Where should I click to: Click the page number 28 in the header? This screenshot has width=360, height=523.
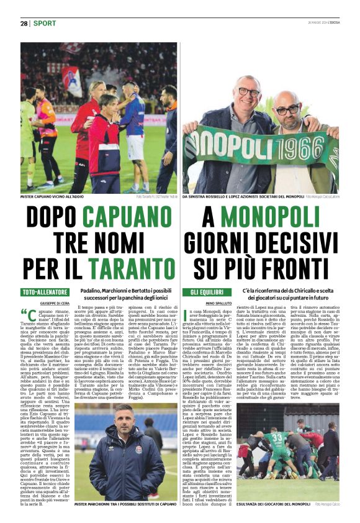24,23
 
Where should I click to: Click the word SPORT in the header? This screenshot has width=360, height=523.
44,23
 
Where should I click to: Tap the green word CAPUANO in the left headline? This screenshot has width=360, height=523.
129,217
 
